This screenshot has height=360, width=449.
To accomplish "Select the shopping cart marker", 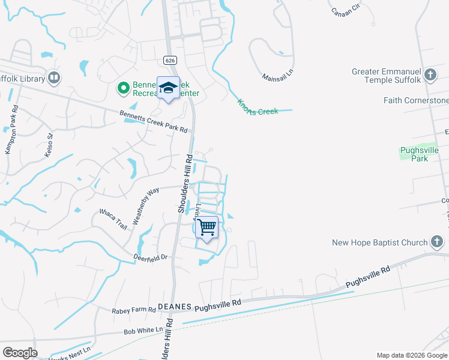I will (x=206, y=227).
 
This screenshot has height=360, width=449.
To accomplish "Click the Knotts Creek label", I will (x=258, y=107).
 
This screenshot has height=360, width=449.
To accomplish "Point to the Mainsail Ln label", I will (x=277, y=77).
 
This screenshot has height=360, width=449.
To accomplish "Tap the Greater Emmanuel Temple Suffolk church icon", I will (x=430, y=75).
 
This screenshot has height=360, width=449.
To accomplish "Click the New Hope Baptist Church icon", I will (x=437, y=242).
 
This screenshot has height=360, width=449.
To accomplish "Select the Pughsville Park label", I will (x=420, y=154).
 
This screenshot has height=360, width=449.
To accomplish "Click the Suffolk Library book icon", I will (x=54, y=79).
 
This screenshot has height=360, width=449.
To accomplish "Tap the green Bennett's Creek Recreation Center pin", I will (x=123, y=89).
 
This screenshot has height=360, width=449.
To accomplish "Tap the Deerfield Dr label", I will (x=151, y=256).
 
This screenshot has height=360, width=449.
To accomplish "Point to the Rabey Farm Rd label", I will (x=134, y=311).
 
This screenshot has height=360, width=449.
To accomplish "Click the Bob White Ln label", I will (x=143, y=331).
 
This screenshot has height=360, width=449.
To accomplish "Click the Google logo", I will (x=20, y=353).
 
